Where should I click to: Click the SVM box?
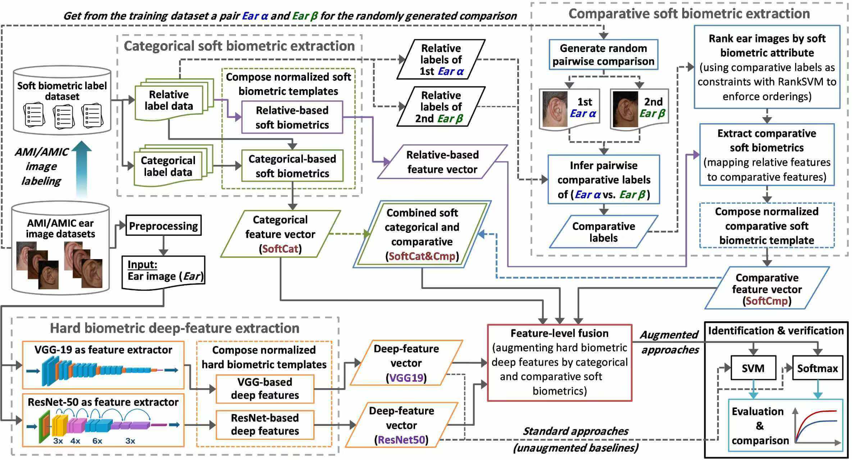[x=753, y=368]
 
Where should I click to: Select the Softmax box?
[x=817, y=368]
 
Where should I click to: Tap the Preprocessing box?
[x=163, y=226]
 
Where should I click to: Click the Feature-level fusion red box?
[x=559, y=362]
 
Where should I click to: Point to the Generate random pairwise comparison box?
[x=603, y=55]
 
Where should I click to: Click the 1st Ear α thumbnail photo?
[x=554, y=108]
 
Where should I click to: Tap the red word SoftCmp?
[x=767, y=301]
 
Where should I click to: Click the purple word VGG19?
[x=406, y=378]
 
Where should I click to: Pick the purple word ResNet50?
[x=401, y=440]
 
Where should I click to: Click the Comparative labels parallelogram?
[x=603, y=232]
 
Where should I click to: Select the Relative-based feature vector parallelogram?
[x=442, y=162]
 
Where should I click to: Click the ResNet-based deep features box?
[x=265, y=424]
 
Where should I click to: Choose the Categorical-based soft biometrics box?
[x=292, y=166]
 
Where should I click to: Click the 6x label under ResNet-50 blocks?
[x=97, y=441]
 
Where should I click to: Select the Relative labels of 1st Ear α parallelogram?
[x=441, y=60]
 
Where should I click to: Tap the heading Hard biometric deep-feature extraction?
[x=174, y=328]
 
